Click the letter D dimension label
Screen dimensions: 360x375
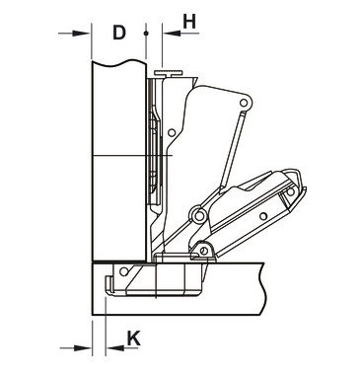119,33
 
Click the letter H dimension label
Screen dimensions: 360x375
189,22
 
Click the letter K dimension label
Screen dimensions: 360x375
134,338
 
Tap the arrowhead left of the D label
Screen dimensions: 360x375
81,34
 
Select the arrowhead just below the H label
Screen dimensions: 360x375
172,34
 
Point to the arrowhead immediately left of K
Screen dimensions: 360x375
115,347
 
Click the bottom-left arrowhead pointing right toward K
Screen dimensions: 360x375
82,347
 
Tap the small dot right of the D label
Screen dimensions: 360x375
146,34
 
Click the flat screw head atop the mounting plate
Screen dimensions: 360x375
169,73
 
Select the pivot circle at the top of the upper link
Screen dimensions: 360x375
244,103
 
